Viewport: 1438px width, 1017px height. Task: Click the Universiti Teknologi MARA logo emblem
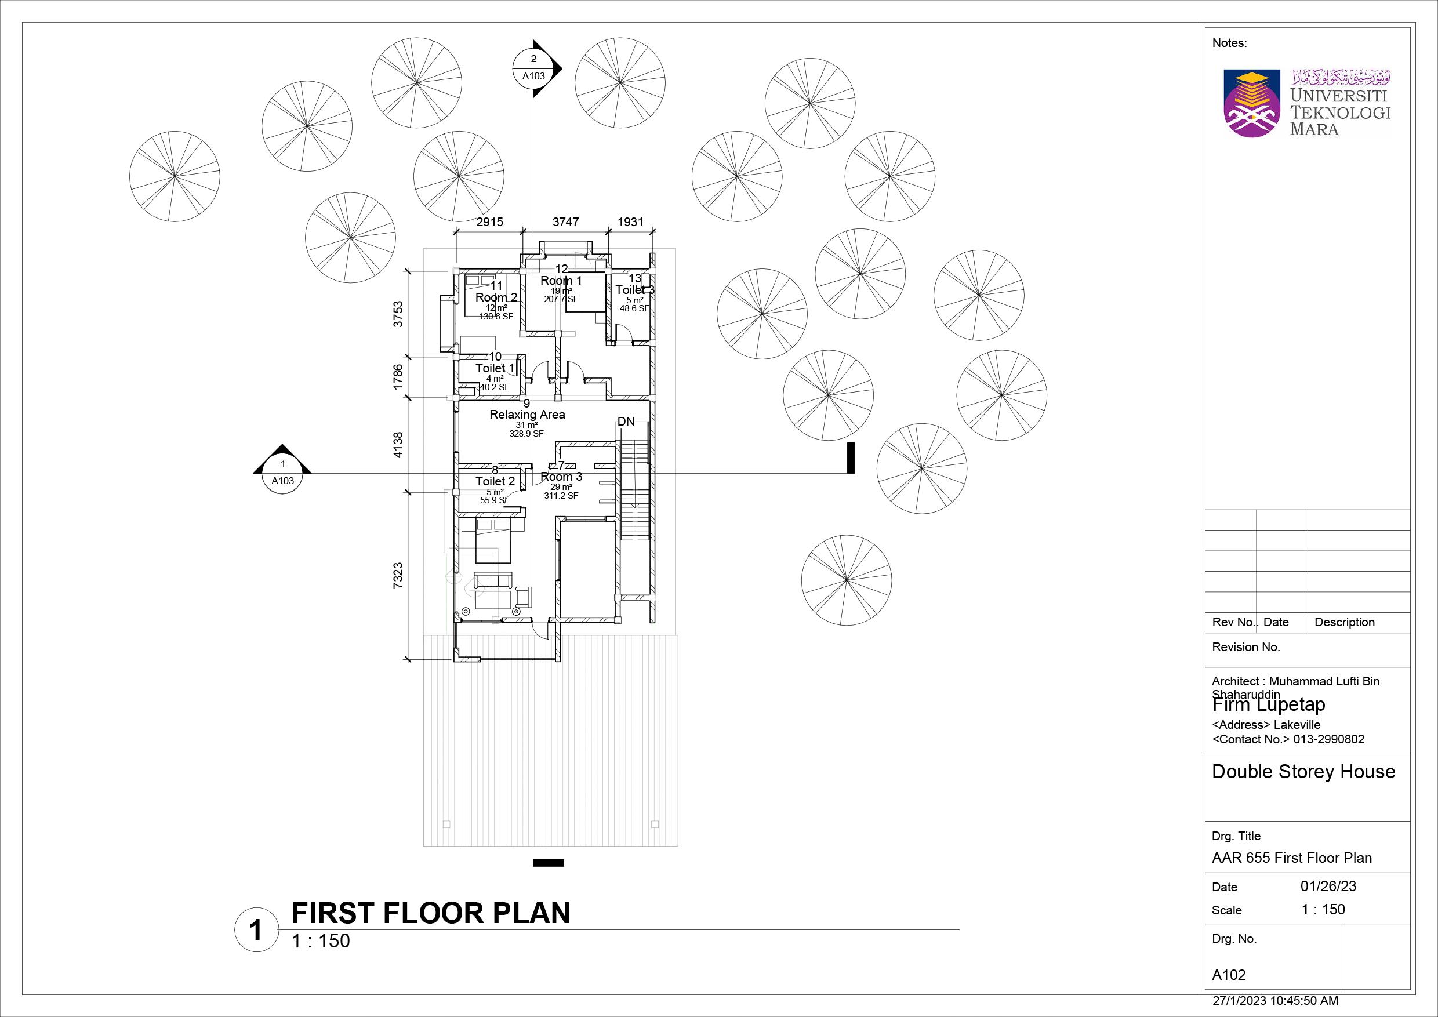pyautogui.click(x=1251, y=104)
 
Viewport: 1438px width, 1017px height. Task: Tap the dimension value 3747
pyautogui.click(x=565, y=222)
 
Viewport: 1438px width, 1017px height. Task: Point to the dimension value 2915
pyautogui.click(x=489, y=222)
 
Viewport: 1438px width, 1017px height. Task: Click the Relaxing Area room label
pyautogui.click(x=526, y=415)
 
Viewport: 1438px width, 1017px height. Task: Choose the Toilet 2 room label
pyautogui.click(x=495, y=481)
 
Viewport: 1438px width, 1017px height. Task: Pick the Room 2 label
pyautogui.click(x=496, y=297)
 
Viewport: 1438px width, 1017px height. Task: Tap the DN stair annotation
pyautogui.click(x=626, y=422)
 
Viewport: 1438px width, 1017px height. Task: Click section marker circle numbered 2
pyautogui.click(x=533, y=68)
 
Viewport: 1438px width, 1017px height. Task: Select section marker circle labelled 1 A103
pyautogui.click(x=282, y=473)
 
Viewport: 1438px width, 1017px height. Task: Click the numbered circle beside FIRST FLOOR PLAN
pyautogui.click(x=256, y=931)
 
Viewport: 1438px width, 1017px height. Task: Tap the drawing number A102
pyautogui.click(x=1229, y=975)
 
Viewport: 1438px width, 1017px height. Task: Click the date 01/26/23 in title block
pyautogui.click(x=1328, y=886)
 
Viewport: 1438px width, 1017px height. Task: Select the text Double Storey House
pyautogui.click(x=1303, y=772)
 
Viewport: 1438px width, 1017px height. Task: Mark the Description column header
pyautogui.click(x=1344, y=622)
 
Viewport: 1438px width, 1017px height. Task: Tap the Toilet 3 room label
pyautogui.click(x=634, y=290)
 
